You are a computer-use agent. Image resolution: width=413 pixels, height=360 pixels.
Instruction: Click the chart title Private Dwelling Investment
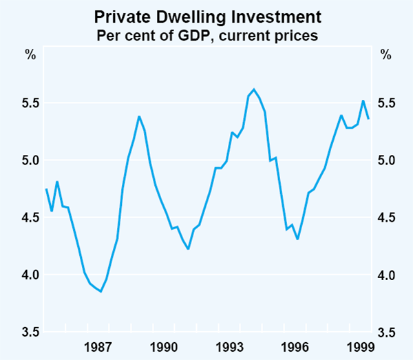point(206,16)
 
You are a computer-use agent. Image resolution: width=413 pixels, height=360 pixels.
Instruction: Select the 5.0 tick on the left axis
point(30,160)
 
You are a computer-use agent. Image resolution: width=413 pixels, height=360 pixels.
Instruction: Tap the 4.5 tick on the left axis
point(30,218)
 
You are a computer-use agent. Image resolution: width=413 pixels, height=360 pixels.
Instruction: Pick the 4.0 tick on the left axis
point(30,275)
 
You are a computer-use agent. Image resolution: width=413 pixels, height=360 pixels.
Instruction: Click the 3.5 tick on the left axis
point(30,332)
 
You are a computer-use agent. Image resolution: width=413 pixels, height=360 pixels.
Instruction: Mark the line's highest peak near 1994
point(254,89)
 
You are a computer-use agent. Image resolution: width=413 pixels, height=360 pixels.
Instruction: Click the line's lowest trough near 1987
point(101,291)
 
